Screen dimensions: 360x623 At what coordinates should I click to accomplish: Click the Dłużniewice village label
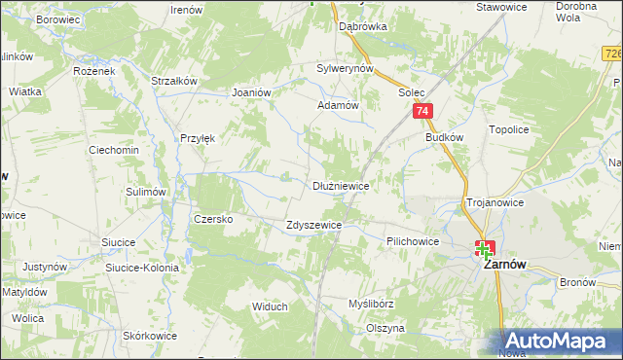pos(340,185)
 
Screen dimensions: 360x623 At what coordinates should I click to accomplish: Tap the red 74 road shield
pos(422,113)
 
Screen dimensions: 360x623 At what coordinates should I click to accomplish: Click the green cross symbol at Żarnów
pos(484,250)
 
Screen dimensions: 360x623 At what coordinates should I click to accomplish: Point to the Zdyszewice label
pos(313,225)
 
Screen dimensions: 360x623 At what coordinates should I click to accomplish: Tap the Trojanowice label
pos(495,202)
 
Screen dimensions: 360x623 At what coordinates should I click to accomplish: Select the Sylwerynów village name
pos(346,69)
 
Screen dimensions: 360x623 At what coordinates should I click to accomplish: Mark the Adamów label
pos(339,105)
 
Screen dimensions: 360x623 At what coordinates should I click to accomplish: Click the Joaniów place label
pos(250,92)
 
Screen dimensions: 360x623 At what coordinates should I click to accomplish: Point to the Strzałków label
pos(175,81)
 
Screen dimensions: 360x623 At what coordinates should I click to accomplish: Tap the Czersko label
pos(213,219)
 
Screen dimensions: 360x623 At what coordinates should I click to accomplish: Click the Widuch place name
pos(270,306)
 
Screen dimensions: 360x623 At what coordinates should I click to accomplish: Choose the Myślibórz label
pos(371,304)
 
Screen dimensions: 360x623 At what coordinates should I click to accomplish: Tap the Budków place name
pos(444,138)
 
